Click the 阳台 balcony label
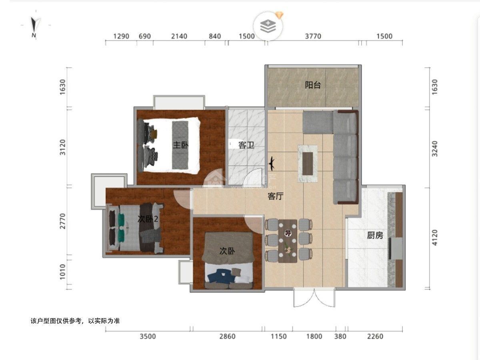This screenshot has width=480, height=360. (313, 85)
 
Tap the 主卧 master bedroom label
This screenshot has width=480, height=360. (181, 145)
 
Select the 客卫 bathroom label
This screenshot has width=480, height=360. (246, 145)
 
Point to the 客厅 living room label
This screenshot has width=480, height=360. (276, 196)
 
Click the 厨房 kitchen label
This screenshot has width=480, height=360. (375, 235)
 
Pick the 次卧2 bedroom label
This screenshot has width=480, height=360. (148, 219)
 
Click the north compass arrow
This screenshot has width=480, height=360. (34, 25)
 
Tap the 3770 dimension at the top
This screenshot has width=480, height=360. (313, 36)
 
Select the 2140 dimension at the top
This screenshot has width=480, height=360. (179, 36)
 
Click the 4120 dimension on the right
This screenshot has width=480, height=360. (435, 238)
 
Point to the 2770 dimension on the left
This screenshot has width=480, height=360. (62, 221)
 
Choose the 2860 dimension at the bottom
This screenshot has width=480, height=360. (228, 336)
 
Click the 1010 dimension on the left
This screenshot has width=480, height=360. (62, 272)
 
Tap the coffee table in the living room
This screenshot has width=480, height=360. (308, 164)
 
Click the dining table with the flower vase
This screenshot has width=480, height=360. (288, 241)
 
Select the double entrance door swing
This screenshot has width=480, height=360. (314, 298)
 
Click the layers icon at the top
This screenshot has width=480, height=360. (268, 26)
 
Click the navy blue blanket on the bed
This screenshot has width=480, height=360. (222, 276)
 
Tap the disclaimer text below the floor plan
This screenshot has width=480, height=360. (75, 321)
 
